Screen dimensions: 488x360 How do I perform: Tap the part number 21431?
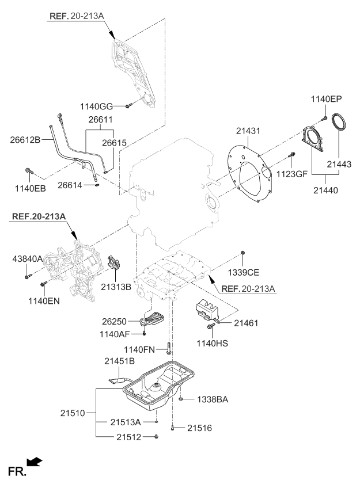(x=248, y=132)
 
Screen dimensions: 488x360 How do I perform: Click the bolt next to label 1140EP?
(x=324, y=118)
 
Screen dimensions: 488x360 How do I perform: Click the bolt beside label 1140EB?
(x=29, y=171)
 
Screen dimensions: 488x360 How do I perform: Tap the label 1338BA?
(x=213, y=398)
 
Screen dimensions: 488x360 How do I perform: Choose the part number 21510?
(x=73, y=413)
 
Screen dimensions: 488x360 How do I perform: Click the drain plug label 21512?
(x=130, y=438)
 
